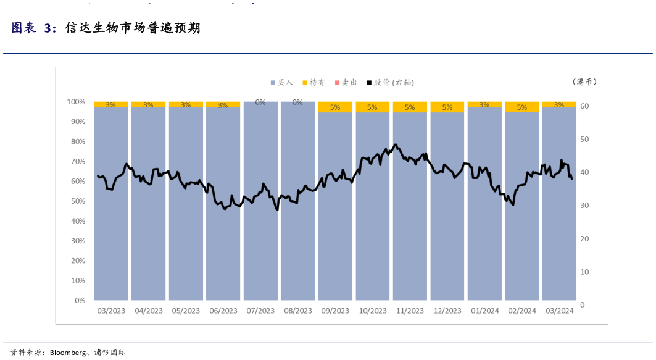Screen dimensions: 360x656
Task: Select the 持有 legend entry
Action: [313, 82]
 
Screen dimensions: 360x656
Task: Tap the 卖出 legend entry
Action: [346, 82]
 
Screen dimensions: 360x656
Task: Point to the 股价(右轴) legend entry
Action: [390, 82]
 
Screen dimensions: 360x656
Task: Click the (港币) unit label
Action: [584, 82]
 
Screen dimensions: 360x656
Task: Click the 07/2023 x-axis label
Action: [260, 311]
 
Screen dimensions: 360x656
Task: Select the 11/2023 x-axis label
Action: [410, 311]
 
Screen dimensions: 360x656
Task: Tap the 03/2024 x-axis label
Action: [559, 311]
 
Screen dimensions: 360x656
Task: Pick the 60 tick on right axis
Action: [585, 106]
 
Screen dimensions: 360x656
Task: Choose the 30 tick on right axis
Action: [585, 206]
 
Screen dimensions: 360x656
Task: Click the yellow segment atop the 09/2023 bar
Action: [335, 107]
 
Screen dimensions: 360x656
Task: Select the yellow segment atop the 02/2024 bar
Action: [522, 107]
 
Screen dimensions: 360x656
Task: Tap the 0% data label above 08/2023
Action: [297, 103]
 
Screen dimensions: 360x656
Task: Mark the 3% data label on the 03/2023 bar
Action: [111, 105]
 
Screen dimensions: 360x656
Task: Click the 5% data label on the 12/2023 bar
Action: [447, 107]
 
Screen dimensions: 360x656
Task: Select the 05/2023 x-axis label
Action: [186, 311]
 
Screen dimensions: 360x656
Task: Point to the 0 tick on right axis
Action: [583, 305]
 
